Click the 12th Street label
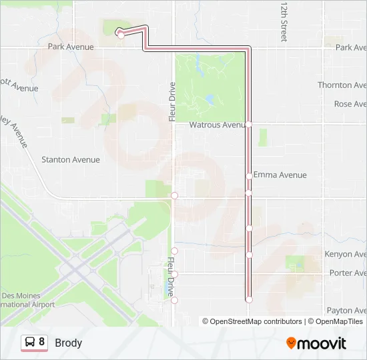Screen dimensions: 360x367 click(x=284, y=21)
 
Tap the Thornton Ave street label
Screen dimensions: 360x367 click(x=342, y=85)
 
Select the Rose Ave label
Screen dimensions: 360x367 click(x=350, y=104)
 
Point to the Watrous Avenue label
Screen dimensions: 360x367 click(x=218, y=125)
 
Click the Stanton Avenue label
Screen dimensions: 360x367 click(x=71, y=160)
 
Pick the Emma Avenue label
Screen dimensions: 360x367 click(x=280, y=175)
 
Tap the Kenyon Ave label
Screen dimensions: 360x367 click(x=346, y=255)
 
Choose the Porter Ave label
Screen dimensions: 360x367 click(x=348, y=273)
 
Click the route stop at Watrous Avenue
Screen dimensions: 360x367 click(x=248, y=124)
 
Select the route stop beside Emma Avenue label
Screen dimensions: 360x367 click(x=249, y=176)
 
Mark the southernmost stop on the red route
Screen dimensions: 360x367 click(x=249, y=300)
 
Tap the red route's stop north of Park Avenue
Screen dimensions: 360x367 click(x=120, y=35)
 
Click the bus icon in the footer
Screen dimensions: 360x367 click(x=30, y=343)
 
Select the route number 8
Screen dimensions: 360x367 click(x=42, y=342)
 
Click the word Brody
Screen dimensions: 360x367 click(x=69, y=343)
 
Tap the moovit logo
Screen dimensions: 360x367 click(x=316, y=343)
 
